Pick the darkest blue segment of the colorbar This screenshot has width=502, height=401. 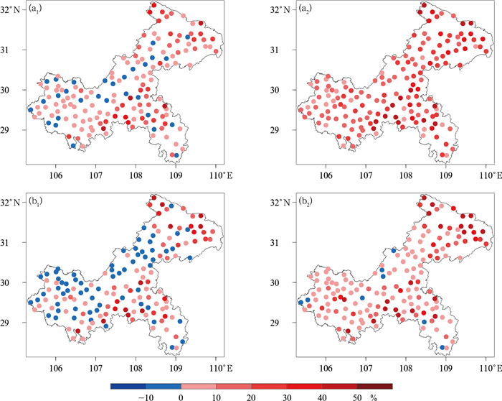(128, 386)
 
